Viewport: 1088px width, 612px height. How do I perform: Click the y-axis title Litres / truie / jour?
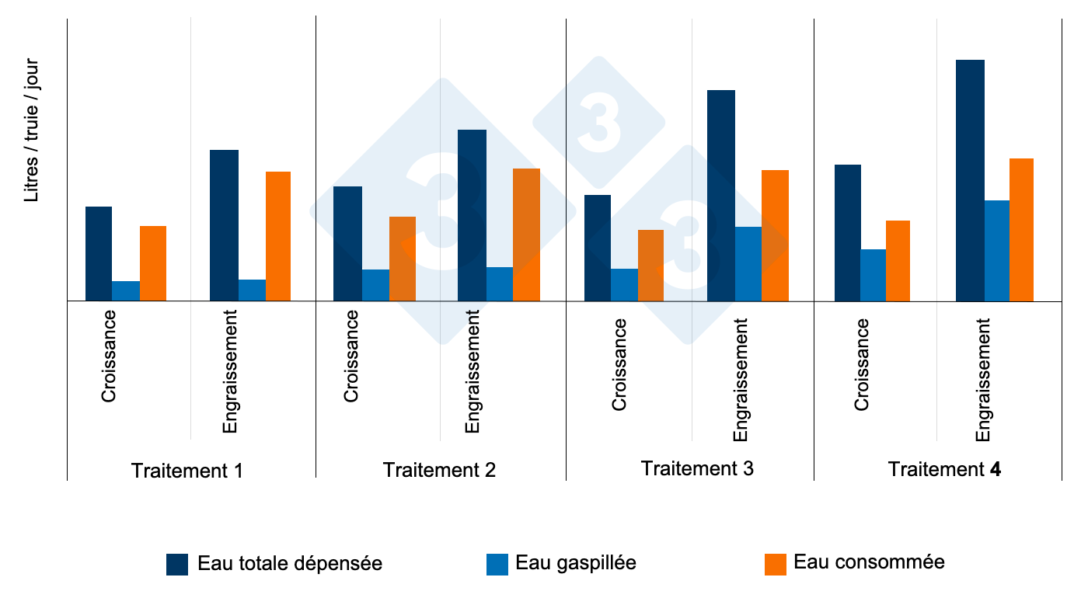31,130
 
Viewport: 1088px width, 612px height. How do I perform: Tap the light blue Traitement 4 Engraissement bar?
997,250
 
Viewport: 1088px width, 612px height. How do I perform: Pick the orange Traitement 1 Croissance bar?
153,263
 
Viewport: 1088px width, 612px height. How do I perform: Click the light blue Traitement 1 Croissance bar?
126,290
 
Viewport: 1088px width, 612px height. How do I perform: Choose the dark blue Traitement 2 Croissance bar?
347,243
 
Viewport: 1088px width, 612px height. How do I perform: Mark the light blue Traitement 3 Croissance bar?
624,284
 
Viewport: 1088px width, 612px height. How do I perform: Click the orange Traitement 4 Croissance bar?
898,260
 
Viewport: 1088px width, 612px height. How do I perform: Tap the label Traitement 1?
187,471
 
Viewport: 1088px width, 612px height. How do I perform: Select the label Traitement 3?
697,468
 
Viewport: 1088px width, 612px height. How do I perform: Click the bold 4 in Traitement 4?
996,469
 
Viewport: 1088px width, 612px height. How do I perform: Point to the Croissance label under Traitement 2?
351,356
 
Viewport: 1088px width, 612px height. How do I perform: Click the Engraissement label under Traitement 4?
984,379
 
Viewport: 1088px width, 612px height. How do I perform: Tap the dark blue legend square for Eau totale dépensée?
177,565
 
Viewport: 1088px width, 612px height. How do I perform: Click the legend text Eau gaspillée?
576,563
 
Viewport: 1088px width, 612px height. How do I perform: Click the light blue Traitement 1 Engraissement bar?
252,290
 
